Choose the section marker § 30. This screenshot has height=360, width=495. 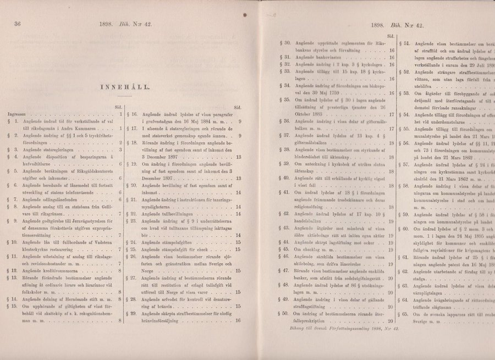pyautogui.click(x=285, y=41)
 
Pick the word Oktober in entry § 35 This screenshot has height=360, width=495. pyautogui.click(x=306, y=114)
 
